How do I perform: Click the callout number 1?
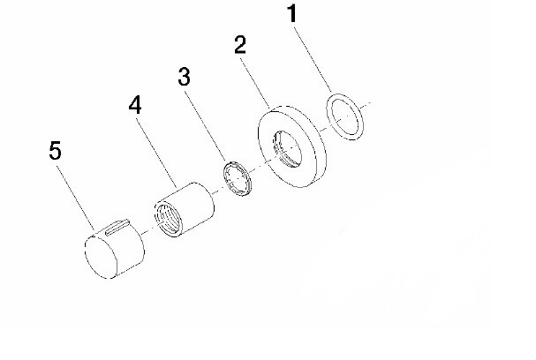[291, 13]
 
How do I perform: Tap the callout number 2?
[240, 44]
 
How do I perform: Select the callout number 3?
[184, 77]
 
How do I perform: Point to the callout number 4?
[135, 104]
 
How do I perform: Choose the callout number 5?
[55, 150]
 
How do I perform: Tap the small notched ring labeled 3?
[238, 178]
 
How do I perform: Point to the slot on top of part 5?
[117, 227]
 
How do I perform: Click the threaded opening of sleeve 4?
[168, 220]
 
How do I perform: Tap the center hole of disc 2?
[287, 149]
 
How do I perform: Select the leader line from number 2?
[256, 83]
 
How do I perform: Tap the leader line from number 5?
[75, 198]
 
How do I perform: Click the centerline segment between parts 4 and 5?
[147, 231]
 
